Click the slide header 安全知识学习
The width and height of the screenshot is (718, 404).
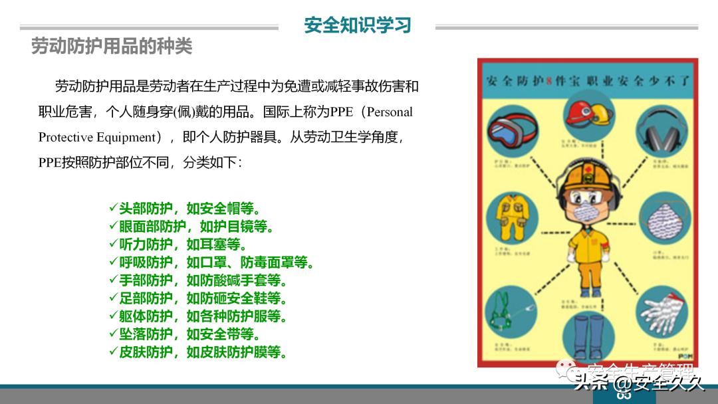(x=357, y=25)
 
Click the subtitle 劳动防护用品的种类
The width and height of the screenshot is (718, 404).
(x=112, y=46)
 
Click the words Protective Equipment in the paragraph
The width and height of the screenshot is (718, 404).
(x=96, y=138)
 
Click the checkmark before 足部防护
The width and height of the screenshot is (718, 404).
(x=113, y=298)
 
